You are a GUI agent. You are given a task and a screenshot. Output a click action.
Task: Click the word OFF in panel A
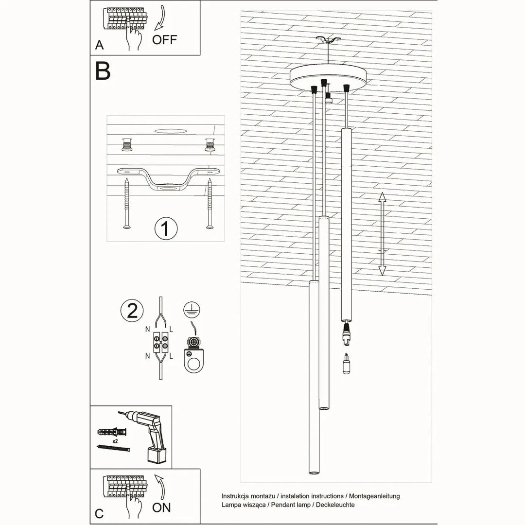(164, 39)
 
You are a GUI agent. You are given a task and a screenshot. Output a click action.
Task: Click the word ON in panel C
(161, 507)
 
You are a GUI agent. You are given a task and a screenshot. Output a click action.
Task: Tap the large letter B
(103, 71)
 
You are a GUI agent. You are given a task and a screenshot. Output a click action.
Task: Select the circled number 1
(165, 227)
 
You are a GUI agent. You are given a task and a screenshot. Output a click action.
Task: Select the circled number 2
(132, 311)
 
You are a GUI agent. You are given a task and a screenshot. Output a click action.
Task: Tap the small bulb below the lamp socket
(346, 364)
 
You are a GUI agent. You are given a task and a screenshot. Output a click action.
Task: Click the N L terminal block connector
(161, 341)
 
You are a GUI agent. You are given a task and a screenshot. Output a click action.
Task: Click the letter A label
(100, 45)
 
